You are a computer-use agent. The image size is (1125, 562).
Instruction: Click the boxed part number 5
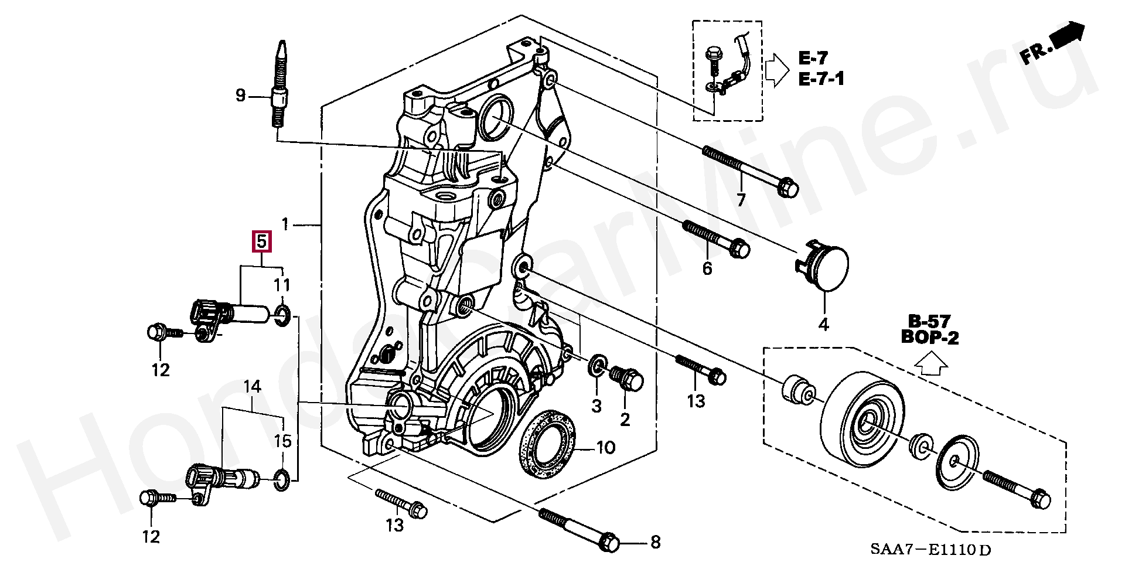point(261,241)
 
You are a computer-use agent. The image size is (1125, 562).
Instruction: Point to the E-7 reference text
point(813,58)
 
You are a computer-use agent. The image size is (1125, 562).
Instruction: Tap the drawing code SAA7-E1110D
point(930,550)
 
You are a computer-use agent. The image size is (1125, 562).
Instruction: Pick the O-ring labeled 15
point(281,479)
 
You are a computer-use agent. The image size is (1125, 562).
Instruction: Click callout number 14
point(252,387)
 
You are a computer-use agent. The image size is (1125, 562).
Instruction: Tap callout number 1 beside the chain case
point(285,224)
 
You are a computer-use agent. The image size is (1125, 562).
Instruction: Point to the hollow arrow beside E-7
point(778,69)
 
